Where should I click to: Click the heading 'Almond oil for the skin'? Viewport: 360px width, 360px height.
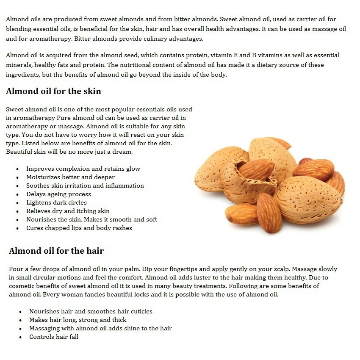(53, 91)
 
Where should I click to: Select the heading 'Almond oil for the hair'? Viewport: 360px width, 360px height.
(56, 251)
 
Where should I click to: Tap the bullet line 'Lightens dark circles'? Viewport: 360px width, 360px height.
(56, 202)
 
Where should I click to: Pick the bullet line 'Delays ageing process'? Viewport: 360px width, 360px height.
(58, 194)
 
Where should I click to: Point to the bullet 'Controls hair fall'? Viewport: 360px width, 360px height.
(54, 337)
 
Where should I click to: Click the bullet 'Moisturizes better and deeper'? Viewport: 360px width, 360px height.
(70, 177)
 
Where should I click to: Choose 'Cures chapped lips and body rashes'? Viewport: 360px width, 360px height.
(79, 228)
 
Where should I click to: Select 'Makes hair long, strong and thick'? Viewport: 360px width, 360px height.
(78, 320)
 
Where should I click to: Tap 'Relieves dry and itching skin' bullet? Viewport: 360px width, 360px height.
(68, 211)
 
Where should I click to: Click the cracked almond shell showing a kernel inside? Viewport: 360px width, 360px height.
(246, 178)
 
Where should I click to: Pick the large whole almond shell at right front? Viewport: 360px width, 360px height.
(307, 199)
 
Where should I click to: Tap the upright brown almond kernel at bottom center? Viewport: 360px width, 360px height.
(269, 212)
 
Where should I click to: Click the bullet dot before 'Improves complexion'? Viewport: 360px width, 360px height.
(17, 169)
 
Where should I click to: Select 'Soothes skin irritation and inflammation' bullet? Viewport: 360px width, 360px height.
(85, 186)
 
